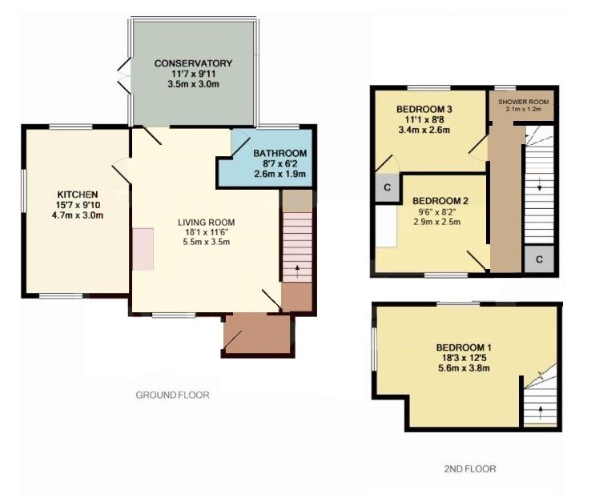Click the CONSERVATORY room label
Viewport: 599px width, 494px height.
(x=193, y=63)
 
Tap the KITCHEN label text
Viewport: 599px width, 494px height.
(x=77, y=195)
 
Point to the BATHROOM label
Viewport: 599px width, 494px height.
(x=280, y=154)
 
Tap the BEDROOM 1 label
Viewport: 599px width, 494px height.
(x=463, y=347)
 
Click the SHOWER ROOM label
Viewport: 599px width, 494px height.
(x=522, y=102)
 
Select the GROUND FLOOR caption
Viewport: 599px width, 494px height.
(x=172, y=395)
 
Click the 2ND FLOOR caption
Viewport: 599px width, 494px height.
(x=470, y=469)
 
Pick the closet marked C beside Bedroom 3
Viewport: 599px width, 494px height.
(x=387, y=188)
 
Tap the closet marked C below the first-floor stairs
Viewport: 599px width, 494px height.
(x=538, y=259)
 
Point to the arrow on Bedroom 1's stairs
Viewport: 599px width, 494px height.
(x=541, y=413)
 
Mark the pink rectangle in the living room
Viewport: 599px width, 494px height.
(x=143, y=248)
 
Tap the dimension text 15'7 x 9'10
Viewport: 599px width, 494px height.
(x=77, y=204)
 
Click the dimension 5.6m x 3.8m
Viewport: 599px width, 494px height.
(x=463, y=368)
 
